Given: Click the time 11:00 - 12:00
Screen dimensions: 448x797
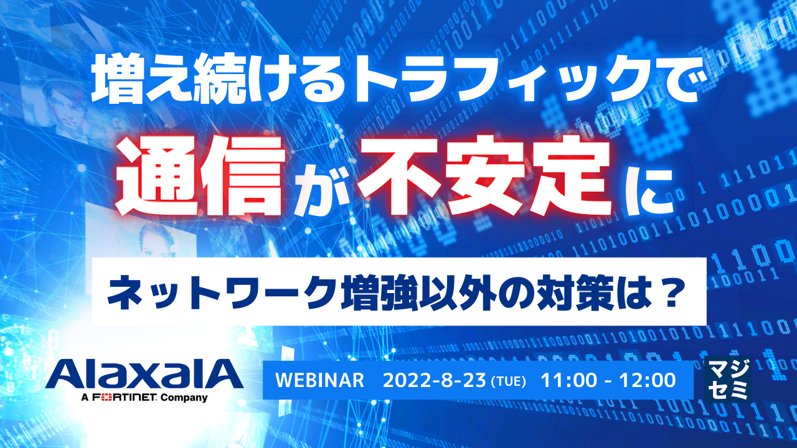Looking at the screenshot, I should (x=608, y=380).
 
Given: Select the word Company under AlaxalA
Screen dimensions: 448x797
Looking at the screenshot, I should (x=184, y=397).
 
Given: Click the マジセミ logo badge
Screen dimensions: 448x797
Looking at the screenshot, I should (x=727, y=379).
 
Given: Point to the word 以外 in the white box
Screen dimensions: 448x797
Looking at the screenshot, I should (x=464, y=292).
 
